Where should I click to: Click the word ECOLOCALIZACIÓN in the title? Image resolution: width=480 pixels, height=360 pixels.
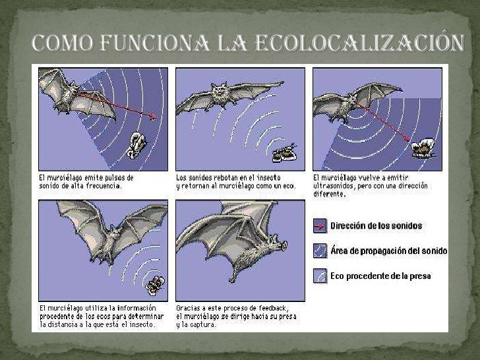(x=360, y=42)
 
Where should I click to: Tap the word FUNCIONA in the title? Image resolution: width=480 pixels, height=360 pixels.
(x=154, y=43)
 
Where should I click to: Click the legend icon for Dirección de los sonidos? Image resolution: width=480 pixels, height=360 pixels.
(x=320, y=226)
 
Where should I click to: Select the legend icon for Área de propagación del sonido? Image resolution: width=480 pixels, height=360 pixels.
(x=320, y=251)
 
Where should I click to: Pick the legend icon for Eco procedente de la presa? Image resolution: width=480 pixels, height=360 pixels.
(x=320, y=276)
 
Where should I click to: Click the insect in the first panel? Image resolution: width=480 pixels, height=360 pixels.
(x=136, y=146)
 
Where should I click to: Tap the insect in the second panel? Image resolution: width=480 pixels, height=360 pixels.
(x=285, y=153)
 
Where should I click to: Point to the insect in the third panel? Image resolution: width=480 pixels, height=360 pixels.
(x=423, y=148)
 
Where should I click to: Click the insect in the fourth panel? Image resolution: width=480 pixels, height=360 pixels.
(x=155, y=285)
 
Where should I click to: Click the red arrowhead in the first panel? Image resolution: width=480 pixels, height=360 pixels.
(x=152, y=116)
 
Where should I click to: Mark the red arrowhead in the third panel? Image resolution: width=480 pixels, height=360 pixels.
(x=407, y=138)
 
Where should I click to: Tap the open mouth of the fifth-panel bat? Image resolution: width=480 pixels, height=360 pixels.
(x=284, y=245)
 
